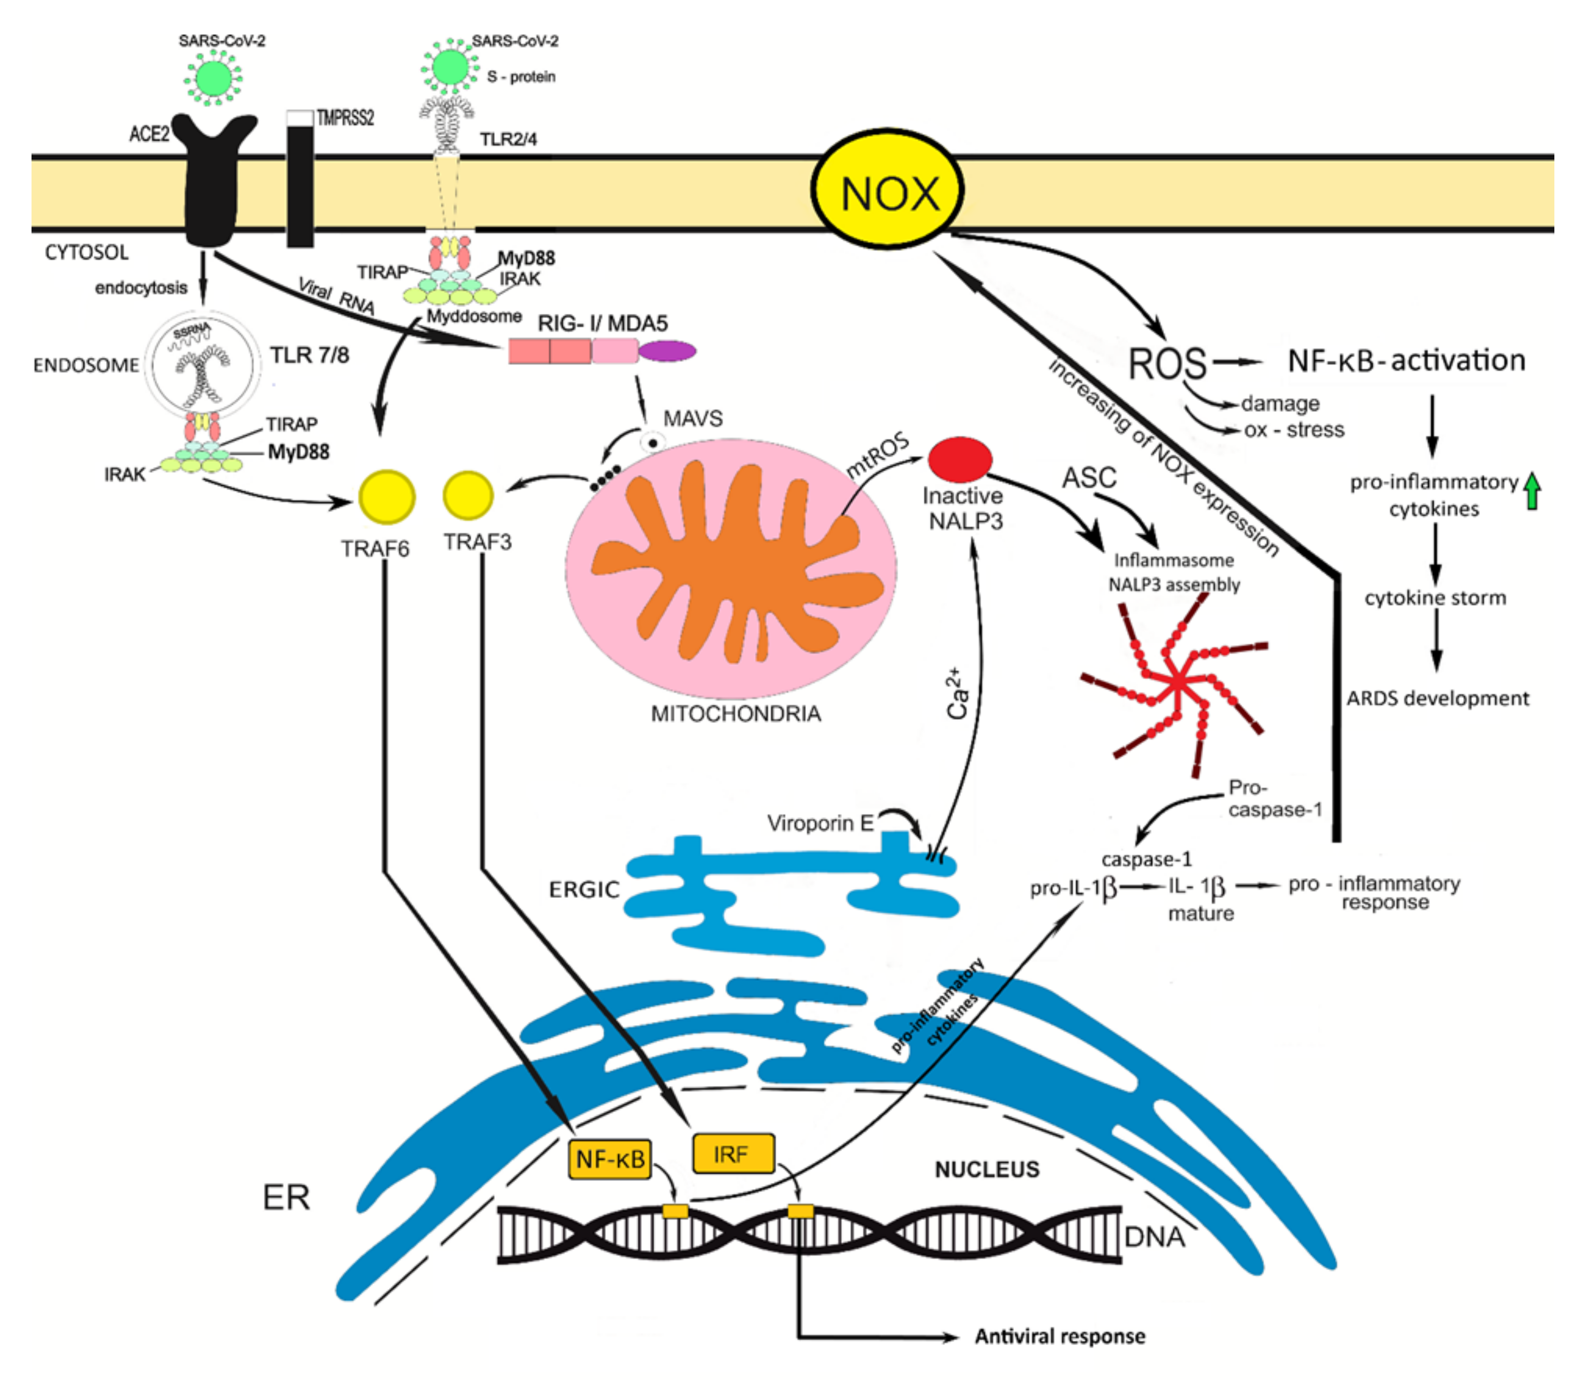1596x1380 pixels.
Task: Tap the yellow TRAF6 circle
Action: [x=386, y=497]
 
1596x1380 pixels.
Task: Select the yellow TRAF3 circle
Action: [x=468, y=495]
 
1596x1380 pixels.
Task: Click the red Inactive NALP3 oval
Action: [x=959, y=460]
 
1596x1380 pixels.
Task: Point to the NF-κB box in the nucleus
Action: [x=609, y=1158]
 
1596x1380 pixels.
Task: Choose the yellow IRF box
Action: [x=733, y=1154]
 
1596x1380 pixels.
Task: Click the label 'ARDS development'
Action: [x=1437, y=699]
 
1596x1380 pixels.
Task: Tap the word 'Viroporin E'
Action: [x=820, y=823]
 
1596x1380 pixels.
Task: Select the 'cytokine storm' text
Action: [x=1435, y=597]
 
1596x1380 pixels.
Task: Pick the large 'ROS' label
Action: [x=1166, y=363]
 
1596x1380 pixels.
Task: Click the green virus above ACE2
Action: [x=213, y=77]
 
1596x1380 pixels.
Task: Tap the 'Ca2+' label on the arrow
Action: [x=957, y=693]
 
